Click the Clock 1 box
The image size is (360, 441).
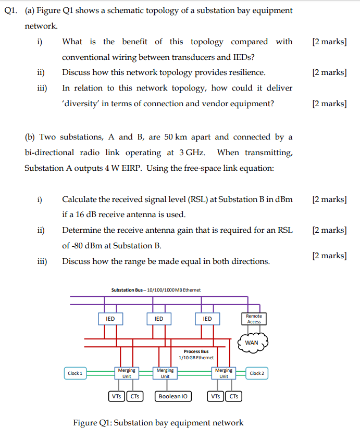[75, 373]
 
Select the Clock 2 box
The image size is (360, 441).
[256, 373]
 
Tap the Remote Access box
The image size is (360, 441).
[254, 319]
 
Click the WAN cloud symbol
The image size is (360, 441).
[252, 342]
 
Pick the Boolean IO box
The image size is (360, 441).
[173, 396]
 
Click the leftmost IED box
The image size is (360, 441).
[110, 319]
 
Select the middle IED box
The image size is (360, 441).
[158, 319]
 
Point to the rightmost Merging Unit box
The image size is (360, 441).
[224, 373]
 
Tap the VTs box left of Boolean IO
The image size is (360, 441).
[116, 396]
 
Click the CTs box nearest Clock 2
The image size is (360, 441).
[234, 396]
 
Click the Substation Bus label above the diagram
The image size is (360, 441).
[156, 290]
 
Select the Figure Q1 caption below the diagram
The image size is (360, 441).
[158, 422]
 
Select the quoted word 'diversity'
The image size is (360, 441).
[82, 104]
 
